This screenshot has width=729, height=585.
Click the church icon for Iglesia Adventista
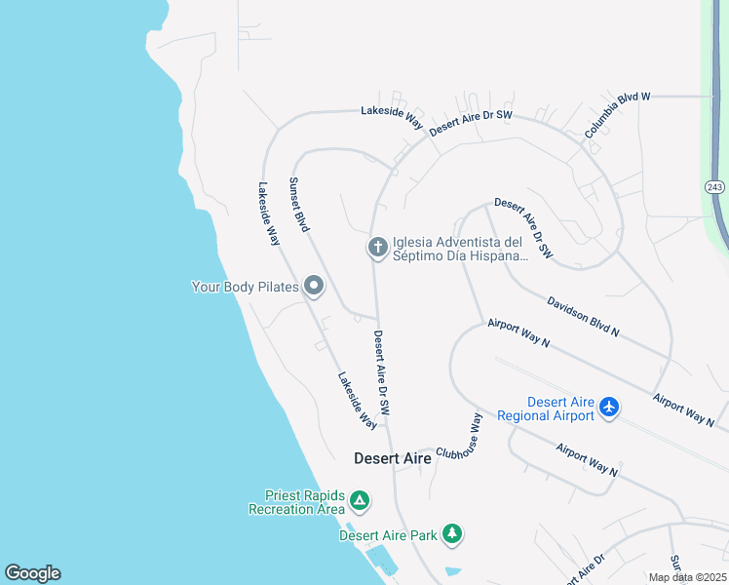point(377,249)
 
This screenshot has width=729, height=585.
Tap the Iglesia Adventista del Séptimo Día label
point(457,250)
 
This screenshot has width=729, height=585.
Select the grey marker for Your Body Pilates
point(314,287)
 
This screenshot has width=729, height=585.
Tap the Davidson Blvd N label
point(583,317)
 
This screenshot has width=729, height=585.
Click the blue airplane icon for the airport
point(610,407)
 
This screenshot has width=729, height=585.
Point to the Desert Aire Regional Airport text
point(546,409)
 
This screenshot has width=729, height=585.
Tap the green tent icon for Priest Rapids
point(360,501)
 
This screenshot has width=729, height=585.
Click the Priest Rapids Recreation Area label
point(297,502)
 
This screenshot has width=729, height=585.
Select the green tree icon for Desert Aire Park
point(451,533)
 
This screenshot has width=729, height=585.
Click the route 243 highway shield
point(715,186)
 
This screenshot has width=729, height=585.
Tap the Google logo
point(32,573)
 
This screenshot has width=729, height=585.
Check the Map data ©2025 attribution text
point(686,577)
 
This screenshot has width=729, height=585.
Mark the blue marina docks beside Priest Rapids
point(381,560)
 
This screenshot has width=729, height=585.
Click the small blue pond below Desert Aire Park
point(454,570)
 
